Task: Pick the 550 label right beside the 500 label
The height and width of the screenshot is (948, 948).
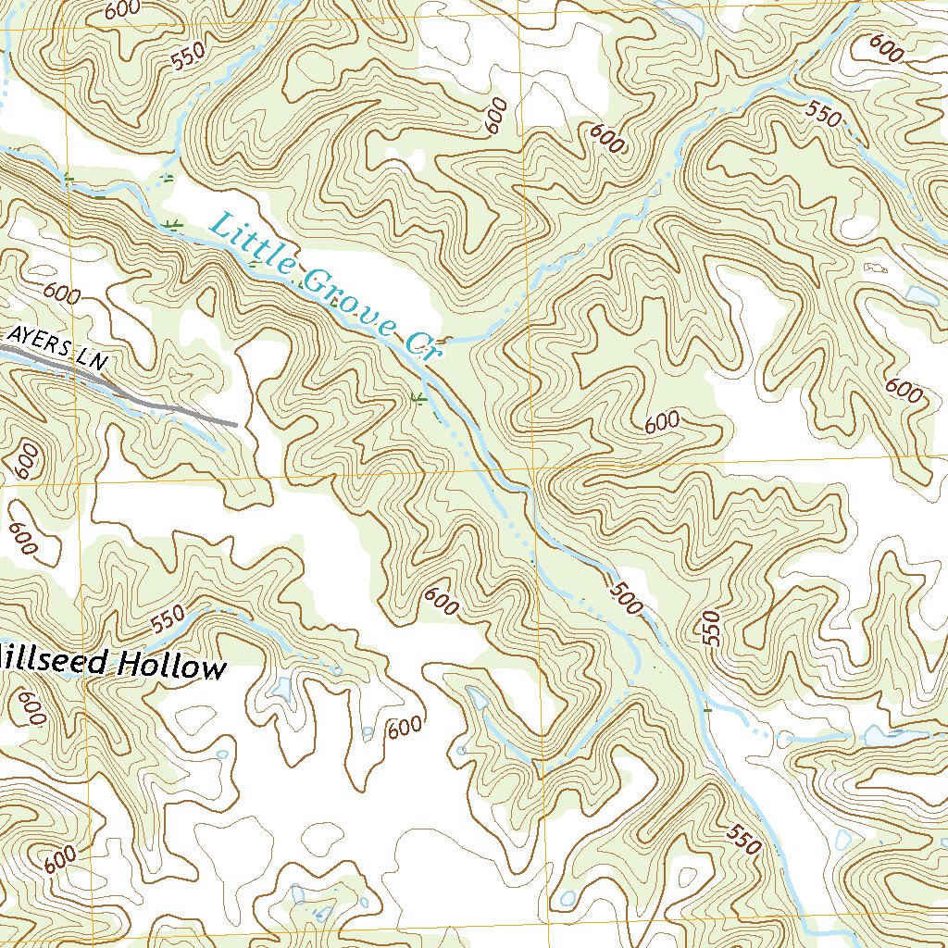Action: pos(711,628)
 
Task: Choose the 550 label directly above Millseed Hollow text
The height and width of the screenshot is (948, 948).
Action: pos(168,619)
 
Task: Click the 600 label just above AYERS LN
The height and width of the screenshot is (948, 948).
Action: pos(61,295)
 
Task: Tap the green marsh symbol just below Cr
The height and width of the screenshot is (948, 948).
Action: pos(418,399)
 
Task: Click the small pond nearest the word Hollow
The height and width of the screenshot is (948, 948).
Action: pos(281,689)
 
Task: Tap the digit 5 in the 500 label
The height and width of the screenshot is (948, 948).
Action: pos(617,587)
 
